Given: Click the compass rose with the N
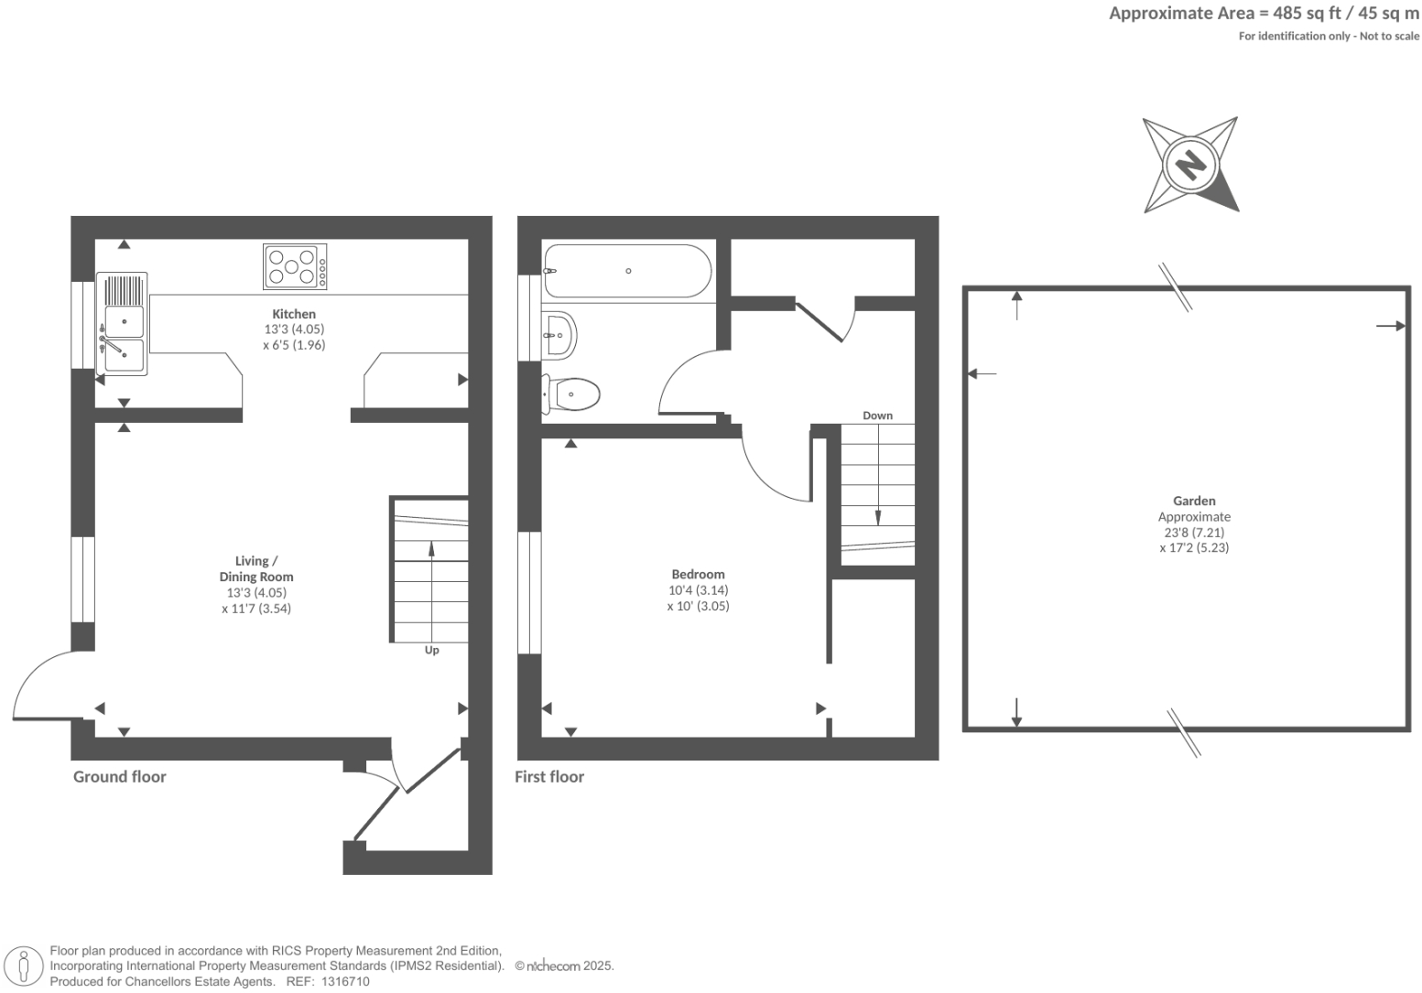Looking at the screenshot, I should [1190, 166].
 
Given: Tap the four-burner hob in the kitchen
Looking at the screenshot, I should [295, 266].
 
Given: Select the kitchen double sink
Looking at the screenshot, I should [123, 324].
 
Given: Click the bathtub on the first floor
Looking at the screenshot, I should [627, 271].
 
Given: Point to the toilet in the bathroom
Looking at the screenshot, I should [572, 394].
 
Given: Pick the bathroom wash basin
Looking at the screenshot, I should [559, 335].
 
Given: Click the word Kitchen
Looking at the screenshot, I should [294, 314].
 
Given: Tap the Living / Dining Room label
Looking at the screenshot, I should [256, 568].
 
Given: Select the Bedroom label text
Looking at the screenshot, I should [698, 575].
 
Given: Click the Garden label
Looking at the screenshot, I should [1194, 501].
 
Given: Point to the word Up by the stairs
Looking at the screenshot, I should [431, 650].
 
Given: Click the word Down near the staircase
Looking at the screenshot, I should [877, 416].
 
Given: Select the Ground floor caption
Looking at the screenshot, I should [120, 777].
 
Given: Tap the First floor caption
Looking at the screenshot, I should [549, 777].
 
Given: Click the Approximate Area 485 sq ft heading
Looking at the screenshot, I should [1264, 14].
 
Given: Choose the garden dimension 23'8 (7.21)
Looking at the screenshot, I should [1194, 532].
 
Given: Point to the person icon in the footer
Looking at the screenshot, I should [25, 966].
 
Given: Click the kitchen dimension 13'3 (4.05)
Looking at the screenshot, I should [294, 329].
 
